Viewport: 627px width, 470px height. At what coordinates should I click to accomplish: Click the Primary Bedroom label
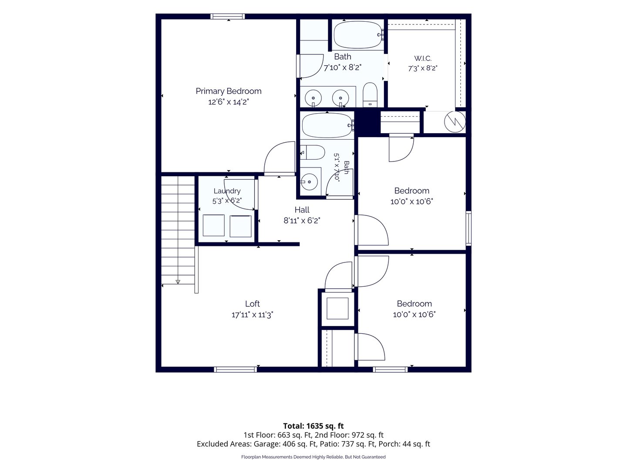click(x=228, y=91)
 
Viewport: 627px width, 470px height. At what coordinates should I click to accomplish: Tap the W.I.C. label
click(x=423, y=58)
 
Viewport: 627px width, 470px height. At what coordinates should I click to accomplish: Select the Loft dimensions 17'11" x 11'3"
click(x=252, y=315)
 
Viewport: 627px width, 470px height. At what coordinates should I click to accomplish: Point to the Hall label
click(x=302, y=210)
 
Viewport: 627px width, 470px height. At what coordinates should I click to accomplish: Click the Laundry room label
click(x=227, y=191)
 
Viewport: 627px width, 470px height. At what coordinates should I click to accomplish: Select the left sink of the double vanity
click(x=313, y=98)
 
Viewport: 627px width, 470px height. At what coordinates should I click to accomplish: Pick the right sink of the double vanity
click(x=340, y=98)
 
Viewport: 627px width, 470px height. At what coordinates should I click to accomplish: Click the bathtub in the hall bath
click(x=328, y=126)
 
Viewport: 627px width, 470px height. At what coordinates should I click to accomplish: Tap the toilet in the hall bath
click(x=313, y=152)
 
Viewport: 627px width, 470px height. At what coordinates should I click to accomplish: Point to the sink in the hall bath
click(x=309, y=181)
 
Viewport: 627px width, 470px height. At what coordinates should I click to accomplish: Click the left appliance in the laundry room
click(x=214, y=225)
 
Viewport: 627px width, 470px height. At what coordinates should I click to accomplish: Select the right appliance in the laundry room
click(x=240, y=226)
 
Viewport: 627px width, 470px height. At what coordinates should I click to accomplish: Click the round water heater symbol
click(x=455, y=122)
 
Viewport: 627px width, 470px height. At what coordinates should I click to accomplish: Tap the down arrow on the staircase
click(x=178, y=282)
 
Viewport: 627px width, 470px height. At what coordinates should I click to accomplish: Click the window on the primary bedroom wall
click(x=228, y=16)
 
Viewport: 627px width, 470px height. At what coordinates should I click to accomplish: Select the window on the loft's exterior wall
click(x=236, y=369)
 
